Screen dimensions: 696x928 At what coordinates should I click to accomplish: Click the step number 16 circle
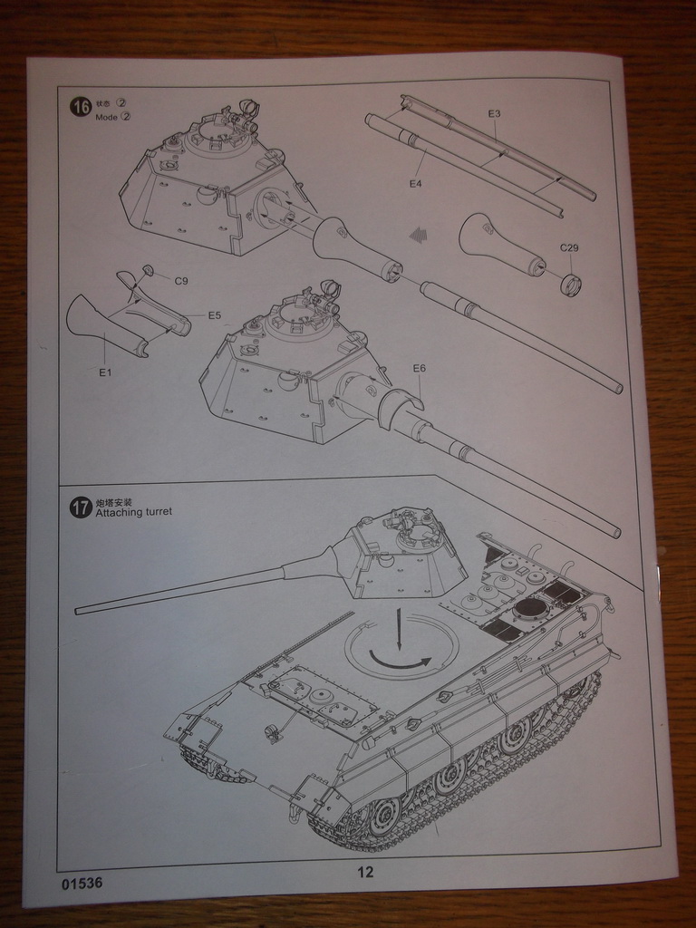pos(81,107)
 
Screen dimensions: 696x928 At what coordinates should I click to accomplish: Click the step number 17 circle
pos(81,507)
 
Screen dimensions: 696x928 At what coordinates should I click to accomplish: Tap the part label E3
pos(494,114)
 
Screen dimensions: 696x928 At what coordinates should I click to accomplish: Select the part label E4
pos(415,183)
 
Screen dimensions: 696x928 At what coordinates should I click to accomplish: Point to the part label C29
pos(569,247)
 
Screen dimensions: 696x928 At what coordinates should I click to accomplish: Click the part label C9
pos(181,281)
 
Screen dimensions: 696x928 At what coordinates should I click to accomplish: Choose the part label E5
pos(215,315)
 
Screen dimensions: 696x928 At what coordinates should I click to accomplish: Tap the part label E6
pos(419,368)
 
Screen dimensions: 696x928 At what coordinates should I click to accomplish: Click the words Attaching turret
pos(133,512)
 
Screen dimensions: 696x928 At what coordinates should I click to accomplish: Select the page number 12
pos(365,873)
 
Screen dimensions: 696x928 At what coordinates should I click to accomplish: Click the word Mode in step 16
pos(106,117)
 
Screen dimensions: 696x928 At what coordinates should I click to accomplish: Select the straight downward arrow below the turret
pos(397,625)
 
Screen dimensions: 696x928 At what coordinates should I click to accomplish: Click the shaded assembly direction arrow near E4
pos(418,236)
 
